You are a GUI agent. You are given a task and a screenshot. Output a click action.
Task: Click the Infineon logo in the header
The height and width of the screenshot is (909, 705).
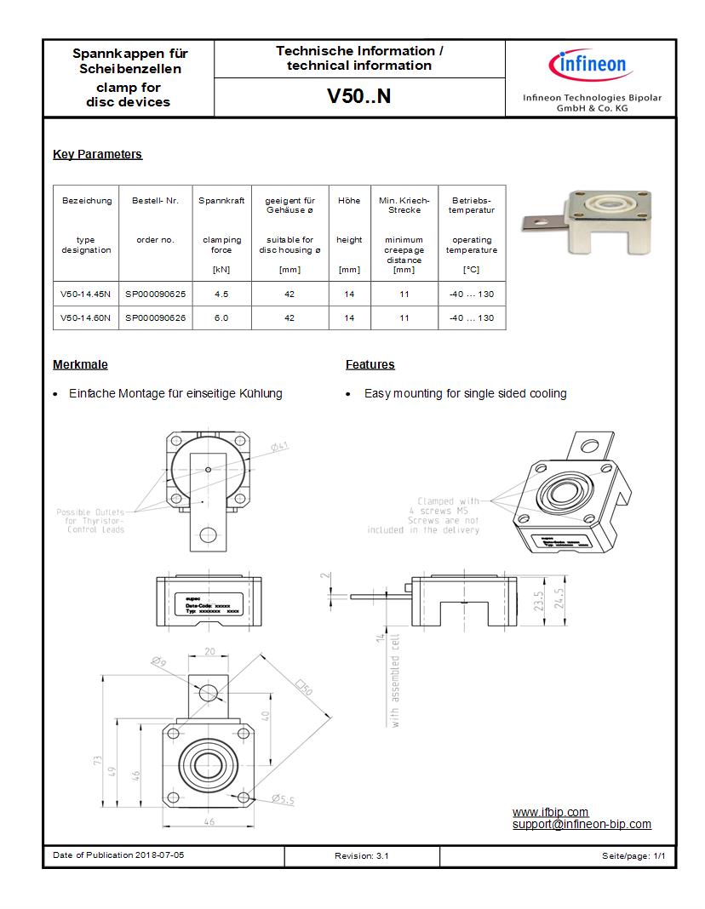[x=591, y=66]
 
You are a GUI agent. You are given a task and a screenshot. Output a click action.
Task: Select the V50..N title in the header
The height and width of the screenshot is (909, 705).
[x=359, y=96]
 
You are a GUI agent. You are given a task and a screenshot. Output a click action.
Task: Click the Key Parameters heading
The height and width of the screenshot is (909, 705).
[x=97, y=154]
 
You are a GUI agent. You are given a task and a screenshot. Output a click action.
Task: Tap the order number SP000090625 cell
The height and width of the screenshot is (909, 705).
[x=156, y=294]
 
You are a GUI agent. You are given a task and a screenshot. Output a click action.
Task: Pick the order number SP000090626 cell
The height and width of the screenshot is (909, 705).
[x=156, y=317]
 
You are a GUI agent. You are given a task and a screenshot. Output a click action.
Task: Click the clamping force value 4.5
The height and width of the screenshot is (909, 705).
[x=221, y=294]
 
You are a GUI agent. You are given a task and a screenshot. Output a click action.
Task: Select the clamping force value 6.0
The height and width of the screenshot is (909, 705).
[x=221, y=317]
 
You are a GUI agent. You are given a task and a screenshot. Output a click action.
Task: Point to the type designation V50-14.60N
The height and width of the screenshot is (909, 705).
[x=86, y=317]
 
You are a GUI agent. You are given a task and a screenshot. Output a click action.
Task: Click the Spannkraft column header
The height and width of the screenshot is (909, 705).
[x=221, y=201]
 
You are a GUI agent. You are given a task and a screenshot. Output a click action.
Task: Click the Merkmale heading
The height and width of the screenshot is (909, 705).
[x=80, y=364]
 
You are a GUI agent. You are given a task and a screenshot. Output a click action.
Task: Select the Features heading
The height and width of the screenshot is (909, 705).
[x=370, y=364]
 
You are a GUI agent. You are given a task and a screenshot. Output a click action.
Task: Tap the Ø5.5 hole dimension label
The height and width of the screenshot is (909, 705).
[x=283, y=799]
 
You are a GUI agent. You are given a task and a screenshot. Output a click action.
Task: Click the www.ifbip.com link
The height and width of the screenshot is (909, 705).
[x=550, y=812]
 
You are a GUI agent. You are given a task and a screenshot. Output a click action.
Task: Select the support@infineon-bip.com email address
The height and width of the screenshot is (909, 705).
[x=582, y=824]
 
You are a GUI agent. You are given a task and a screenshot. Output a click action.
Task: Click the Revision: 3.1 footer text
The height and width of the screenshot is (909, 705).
[x=362, y=855]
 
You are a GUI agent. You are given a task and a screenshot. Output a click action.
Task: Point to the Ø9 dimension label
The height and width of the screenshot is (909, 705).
[x=158, y=661]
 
